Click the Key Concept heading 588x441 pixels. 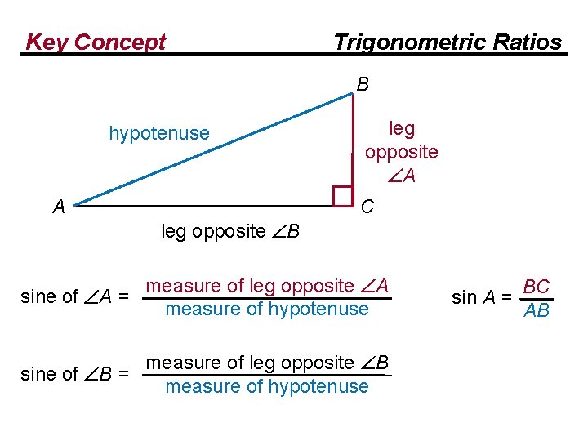click(x=96, y=42)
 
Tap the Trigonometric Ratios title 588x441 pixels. click(x=448, y=42)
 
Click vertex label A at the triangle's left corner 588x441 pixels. click(x=59, y=207)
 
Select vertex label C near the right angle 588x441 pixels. click(x=367, y=207)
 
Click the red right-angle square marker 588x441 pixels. click(x=343, y=196)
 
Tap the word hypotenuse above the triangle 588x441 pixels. click(x=159, y=133)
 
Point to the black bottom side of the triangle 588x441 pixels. click(x=204, y=206)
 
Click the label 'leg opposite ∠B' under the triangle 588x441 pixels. click(x=230, y=232)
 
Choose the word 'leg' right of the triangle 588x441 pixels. click(x=402, y=129)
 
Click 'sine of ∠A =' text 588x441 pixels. click(x=73, y=296)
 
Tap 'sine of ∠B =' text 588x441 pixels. click(x=73, y=374)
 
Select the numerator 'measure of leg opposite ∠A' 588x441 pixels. click(x=267, y=286)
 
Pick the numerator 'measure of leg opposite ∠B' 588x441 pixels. click(x=267, y=363)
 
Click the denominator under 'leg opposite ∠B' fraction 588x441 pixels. click(x=267, y=386)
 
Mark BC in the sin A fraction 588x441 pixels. click(x=537, y=287)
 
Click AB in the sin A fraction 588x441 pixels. click(x=537, y=310)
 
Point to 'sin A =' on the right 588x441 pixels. click(x=483, y=298)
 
